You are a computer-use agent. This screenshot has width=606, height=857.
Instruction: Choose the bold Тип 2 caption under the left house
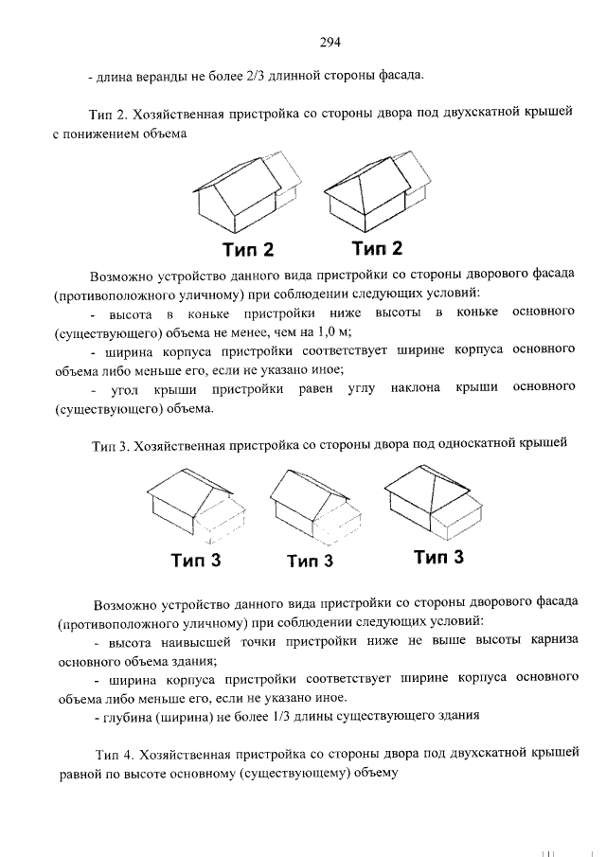[248, 251]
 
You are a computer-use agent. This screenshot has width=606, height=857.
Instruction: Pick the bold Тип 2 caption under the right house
[377, 249]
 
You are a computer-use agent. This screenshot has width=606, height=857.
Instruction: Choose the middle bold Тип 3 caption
[311, 561]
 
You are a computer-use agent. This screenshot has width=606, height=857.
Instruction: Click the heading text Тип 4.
[116, 754]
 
